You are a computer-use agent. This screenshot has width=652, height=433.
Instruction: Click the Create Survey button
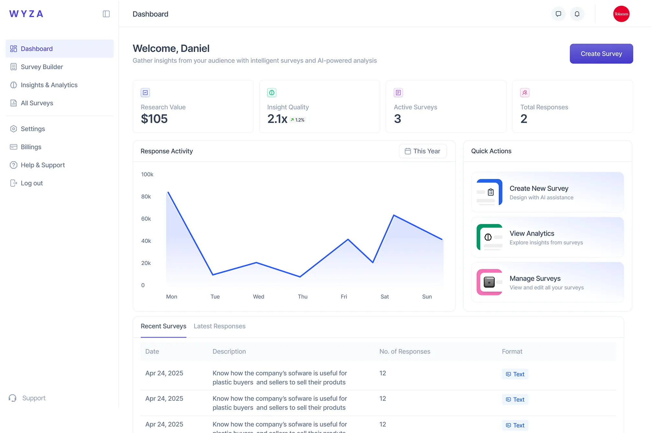point(601,54)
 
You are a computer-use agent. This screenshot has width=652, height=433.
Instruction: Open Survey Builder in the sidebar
point(42,67)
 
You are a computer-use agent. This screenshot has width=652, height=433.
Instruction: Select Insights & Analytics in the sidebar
point(49,85)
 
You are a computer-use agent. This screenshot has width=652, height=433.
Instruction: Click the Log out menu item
point(31,183)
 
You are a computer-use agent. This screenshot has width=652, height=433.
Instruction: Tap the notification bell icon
point(577,14)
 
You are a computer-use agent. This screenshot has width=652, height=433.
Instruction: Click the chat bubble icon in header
point(558,14)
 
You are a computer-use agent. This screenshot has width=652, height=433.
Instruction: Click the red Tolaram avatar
point(621,14)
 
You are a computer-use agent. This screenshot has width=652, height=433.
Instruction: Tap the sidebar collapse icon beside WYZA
point(106,14)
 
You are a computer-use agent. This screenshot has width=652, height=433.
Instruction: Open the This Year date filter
point(422,151)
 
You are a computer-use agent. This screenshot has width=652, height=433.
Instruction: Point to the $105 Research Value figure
point(154,119)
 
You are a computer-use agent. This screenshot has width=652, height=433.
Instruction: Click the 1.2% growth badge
point(298,120)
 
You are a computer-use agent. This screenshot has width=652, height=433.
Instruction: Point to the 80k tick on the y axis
point(146,196)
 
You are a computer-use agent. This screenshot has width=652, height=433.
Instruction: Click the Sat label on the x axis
point(384,296)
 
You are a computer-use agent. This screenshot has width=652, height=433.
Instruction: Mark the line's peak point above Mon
point(168,192)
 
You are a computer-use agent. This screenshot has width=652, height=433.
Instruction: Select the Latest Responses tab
point(219,326)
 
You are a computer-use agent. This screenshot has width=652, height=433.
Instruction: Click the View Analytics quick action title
point(532,233)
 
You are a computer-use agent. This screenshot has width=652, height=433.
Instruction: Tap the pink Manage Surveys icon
point(489,282)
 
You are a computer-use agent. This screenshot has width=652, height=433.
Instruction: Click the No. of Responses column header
point(404,351)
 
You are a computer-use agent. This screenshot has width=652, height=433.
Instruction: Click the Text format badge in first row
point(515,374)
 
